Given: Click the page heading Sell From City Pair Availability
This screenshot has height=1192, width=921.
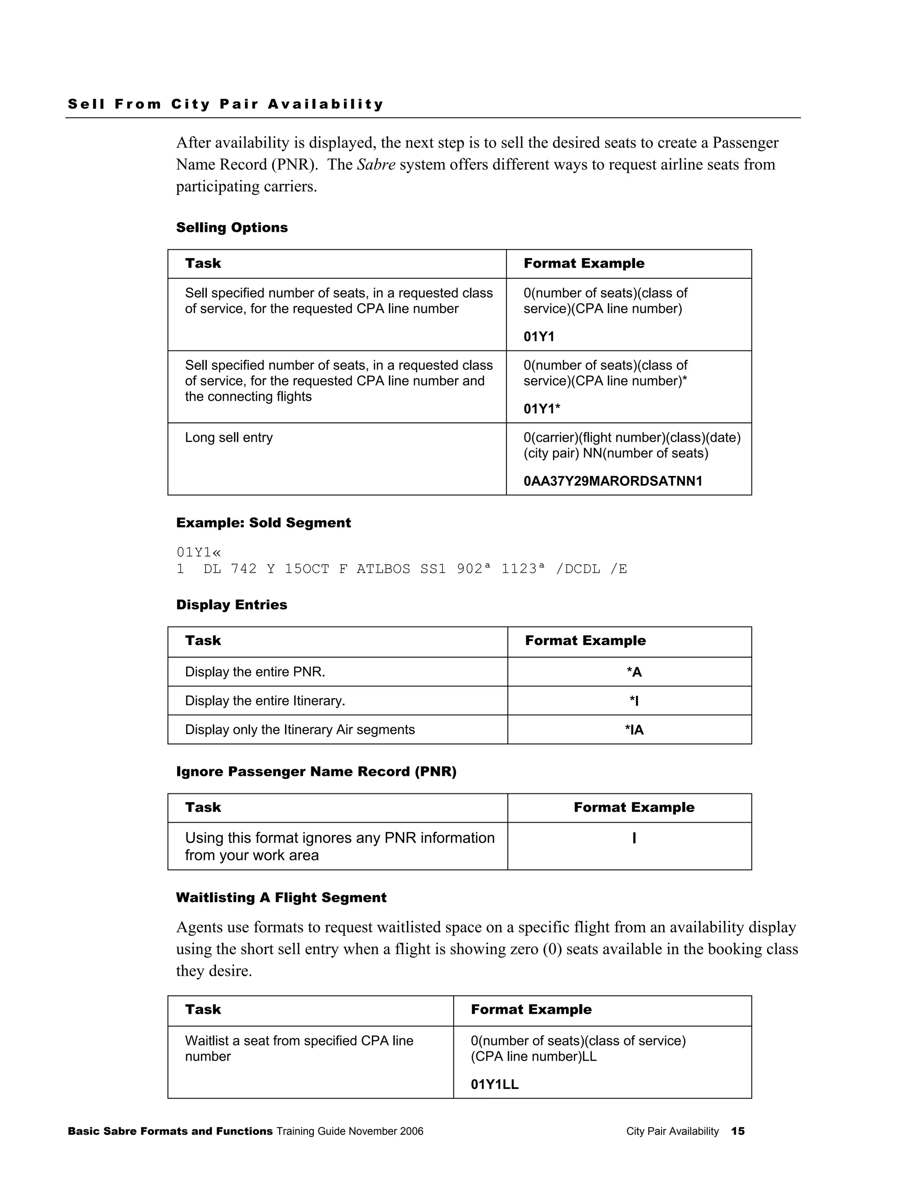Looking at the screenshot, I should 226,104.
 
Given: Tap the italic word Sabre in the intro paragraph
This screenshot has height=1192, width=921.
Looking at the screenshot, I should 376,164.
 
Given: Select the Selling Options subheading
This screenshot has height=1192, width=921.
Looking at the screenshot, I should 232,228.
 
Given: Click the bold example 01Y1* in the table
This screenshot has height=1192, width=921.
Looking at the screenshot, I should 542,409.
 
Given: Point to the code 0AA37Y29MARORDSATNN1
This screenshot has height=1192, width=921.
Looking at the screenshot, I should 613,481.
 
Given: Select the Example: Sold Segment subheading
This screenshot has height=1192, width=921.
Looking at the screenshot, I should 264,523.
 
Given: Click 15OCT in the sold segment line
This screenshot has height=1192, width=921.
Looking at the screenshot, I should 307,569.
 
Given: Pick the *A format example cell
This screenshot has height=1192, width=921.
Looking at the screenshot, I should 634,672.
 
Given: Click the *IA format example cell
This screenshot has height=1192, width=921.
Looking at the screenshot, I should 634,730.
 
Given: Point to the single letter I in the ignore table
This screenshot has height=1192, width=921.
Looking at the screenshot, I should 634,838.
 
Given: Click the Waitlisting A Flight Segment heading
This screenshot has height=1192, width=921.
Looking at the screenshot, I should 281,898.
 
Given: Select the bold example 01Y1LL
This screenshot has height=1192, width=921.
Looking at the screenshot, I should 494,1084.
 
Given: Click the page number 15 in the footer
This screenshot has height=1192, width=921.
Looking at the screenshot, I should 738,1131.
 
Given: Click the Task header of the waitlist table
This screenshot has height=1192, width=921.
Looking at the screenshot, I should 203,1010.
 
